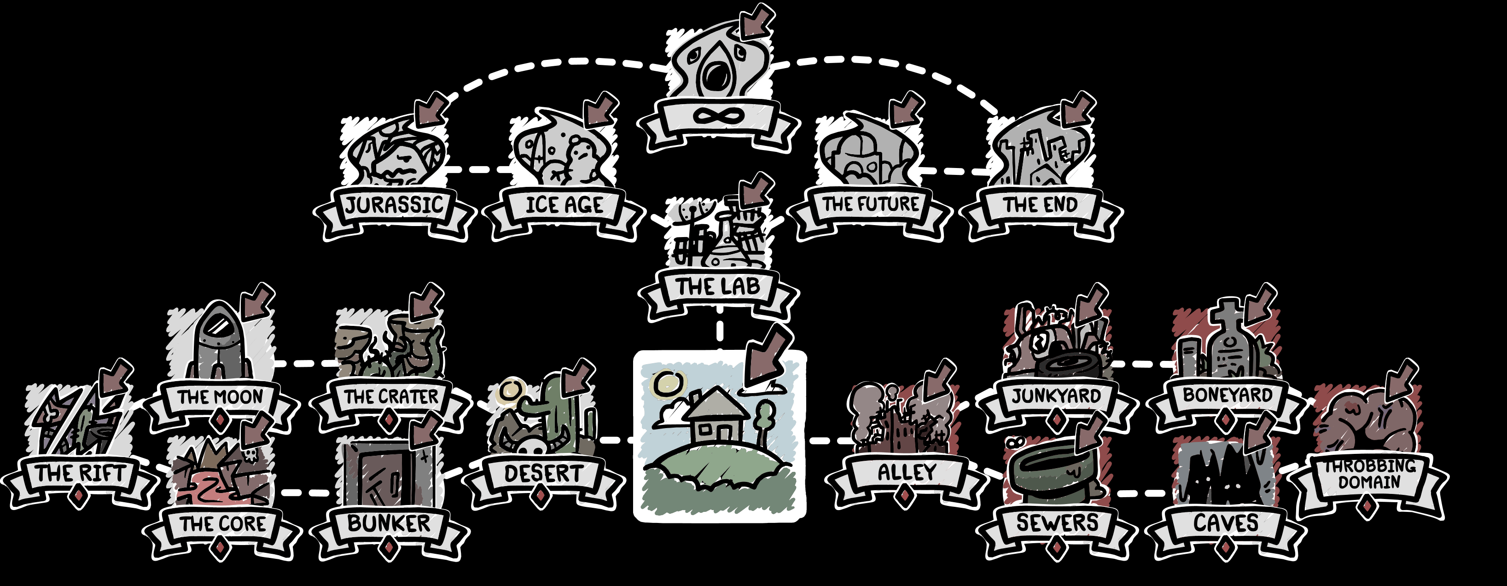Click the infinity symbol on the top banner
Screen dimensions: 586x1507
point(718,116)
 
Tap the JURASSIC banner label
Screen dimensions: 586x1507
point(394,205)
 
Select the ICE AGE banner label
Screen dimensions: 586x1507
point(564,205)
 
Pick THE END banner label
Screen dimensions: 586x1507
point(1041,205)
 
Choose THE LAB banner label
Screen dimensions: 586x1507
point(718,287)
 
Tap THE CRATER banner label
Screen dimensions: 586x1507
point(390,396)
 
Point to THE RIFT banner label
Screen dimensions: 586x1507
point(80,473)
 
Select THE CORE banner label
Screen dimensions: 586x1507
point(222,523)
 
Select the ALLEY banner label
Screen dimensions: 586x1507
point(906,472)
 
